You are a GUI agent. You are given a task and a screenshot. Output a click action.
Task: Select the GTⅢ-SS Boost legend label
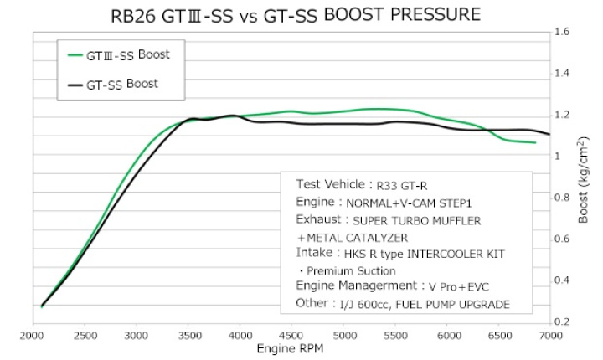(134, 55)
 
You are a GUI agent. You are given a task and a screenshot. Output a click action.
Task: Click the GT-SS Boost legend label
(129, 85)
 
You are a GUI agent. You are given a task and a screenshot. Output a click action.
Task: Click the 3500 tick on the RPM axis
(188, 336)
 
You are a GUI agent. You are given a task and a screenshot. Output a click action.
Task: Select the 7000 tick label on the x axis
(549, 336)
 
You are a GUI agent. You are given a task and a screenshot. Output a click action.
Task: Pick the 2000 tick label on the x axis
(33, 336)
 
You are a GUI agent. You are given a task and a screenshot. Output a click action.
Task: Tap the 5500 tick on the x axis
(395, 336)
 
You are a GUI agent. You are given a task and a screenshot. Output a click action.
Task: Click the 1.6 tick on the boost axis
(563, 33)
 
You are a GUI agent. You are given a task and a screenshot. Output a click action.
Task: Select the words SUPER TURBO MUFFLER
(416, 221)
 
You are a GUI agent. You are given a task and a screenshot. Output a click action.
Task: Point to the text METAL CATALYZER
(361, 239)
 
